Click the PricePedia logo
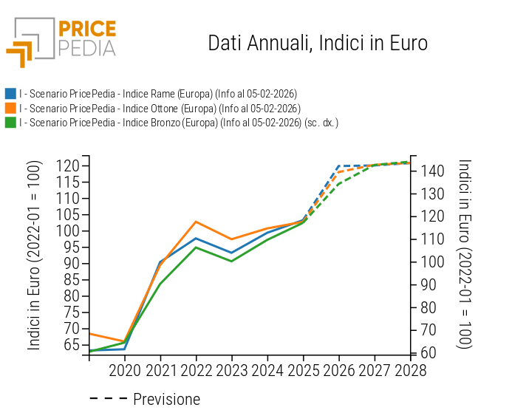(61, 41)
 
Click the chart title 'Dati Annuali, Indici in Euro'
(318, 43)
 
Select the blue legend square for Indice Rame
(10, 94)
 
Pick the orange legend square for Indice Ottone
(10, 108)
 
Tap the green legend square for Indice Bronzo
(10, 123)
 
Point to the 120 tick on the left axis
(67, 166)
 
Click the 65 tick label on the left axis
(67, 344)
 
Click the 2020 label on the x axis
(125, 371)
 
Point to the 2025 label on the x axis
(303, 371)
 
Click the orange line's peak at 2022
(196, 222)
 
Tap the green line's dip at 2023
(231, 261)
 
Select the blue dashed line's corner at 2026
(338, 166)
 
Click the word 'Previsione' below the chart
(166, 400)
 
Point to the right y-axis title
(465, 254)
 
